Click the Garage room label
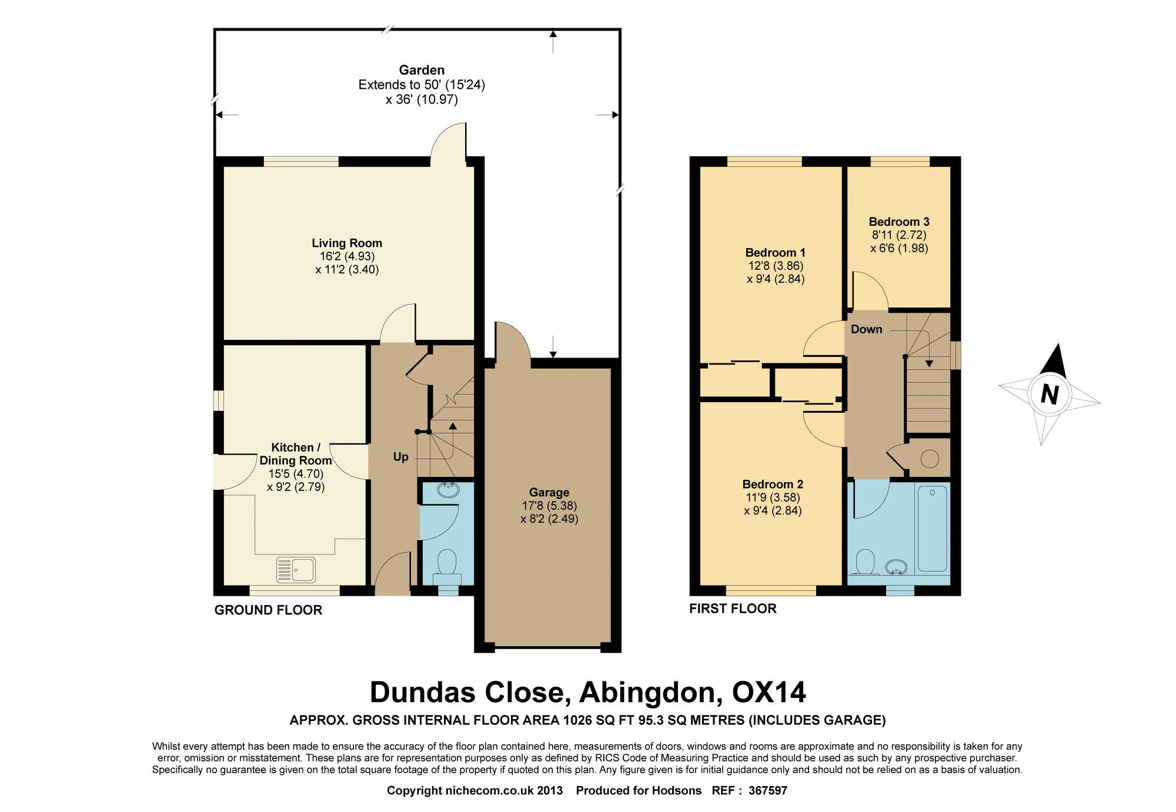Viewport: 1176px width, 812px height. [x=549, y=492]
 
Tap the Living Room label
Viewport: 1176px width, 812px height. [x=347, y=243]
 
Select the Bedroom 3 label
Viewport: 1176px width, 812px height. [x=899, y=222]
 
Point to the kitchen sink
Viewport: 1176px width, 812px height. [x=296, y=569]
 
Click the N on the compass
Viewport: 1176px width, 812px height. [x=1050, y=394]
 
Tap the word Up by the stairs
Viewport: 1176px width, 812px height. [x=400, y=457]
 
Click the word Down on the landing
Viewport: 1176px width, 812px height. [x=867, y=329]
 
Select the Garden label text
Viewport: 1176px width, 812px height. [x=422, y=70]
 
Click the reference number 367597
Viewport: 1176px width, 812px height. [x=767, y=791]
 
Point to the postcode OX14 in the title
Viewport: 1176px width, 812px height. [x=769, y=692]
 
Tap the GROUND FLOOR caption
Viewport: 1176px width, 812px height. [x=268, y=610]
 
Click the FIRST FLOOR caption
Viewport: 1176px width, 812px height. [x=733, y=609]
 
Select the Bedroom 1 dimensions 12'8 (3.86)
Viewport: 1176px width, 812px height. [x=775, y=266]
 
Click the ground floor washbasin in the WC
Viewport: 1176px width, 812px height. [x=449, y=490]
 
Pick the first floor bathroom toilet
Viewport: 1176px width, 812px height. [x=865, y=563]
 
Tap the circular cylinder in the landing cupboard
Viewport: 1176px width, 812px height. [x=930, y=459]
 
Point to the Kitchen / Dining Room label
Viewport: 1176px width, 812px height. [x=296, y=454]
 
